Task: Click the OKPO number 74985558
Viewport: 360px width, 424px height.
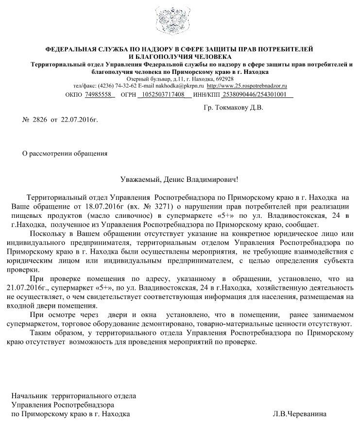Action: pyautogui.click(x=99, y=94)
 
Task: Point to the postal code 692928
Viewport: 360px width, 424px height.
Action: pyautogui.click(x=224, y=79)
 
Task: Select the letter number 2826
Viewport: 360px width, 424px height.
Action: pyautogui.click(x=41, y=120)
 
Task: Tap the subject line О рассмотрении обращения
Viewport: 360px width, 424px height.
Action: pyautogui.click(x=65, y=153)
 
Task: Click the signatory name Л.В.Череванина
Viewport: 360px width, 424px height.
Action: pyautogui.click(x=300, y=414)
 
